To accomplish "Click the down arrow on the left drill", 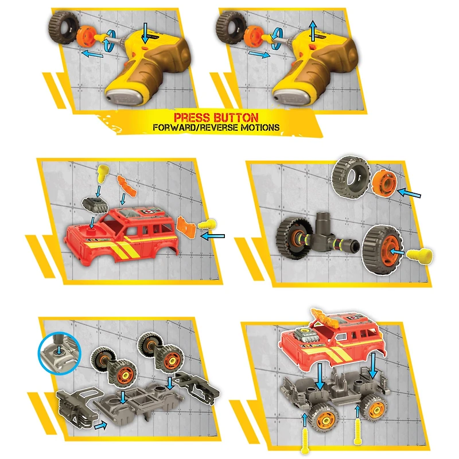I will (146, 33).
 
